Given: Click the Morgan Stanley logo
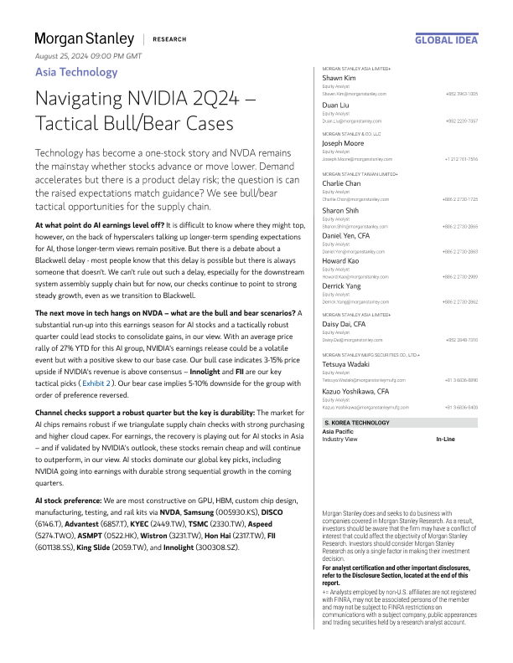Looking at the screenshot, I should click(84, 39).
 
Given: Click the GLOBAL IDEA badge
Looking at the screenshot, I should click(447, 39).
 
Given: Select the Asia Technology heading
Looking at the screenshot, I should click(76, 72).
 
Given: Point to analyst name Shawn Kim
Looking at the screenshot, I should click(340, 78).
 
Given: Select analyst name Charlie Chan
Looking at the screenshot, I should click(344, 183).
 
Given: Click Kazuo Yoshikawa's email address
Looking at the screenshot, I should click(366, 407).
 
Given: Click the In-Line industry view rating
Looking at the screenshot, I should click(446, 439).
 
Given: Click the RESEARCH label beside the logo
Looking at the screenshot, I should click(170, 39).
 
